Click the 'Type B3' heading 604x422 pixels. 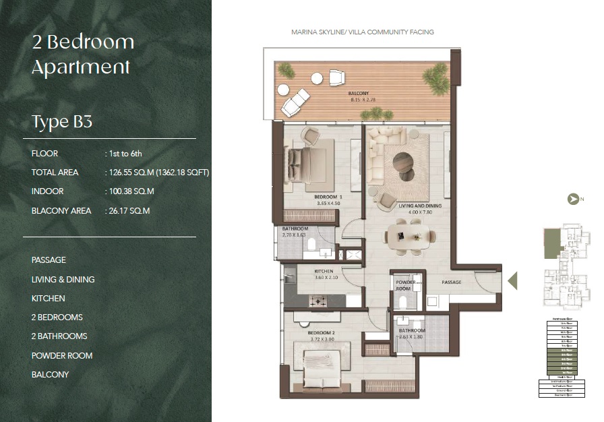62,122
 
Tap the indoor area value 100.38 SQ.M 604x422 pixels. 131,191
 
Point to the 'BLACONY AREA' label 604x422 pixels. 61,211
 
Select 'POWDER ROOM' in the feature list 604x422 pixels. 62,355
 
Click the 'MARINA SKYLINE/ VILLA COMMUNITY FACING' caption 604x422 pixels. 362,32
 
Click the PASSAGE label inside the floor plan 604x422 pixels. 452,282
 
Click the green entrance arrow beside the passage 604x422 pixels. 512,280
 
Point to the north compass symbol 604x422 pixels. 574,199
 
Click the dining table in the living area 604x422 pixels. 410,236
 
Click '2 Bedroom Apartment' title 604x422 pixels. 82,54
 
